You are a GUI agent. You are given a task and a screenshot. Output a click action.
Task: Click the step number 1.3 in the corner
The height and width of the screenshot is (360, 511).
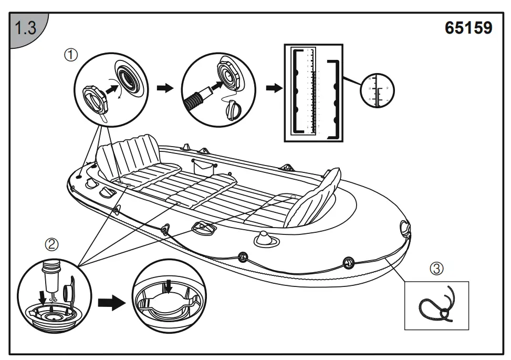pyautogui.click(x=25, y=28)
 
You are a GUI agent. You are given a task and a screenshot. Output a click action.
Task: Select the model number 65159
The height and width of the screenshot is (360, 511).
pyautogui.click(x=468, y=28)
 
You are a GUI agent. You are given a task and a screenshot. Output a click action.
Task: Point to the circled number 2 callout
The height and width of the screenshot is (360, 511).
pyautogui.click(x=51, y=244)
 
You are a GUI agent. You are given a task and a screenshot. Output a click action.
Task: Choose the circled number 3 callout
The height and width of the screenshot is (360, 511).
pyautogui.click(x=437, y=269)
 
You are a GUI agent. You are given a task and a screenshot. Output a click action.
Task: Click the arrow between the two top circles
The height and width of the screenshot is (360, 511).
pyautogui.click(x=165, y=88)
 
